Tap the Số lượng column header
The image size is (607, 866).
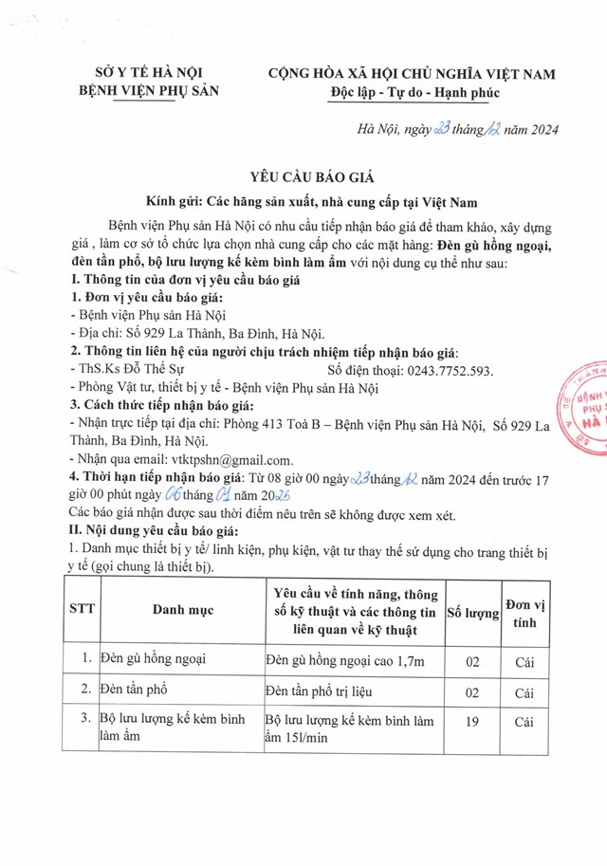coord(472,613)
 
